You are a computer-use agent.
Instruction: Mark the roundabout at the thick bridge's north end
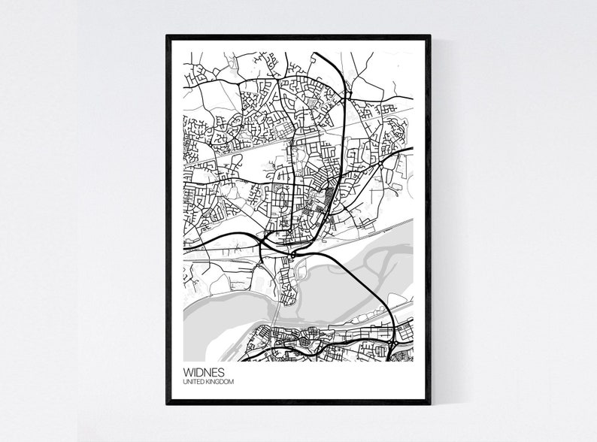coord(292,256)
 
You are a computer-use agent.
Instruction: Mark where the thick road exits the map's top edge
coord(314,53)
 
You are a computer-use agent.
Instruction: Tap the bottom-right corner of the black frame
coord(429,404)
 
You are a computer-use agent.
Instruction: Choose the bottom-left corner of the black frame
coord(168,404)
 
